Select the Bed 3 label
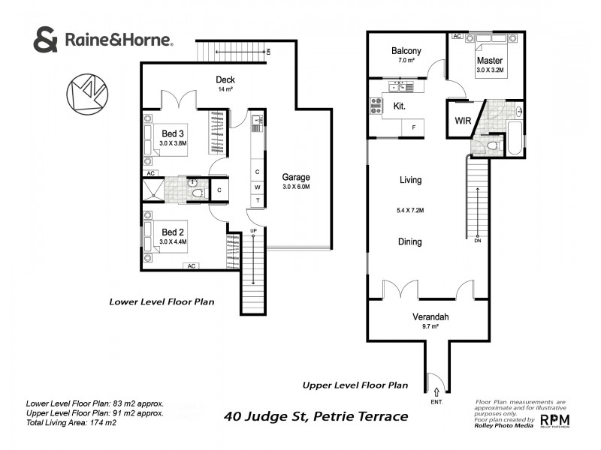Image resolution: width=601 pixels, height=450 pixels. pos(173,133)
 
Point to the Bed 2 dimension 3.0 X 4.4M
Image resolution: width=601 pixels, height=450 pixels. pos(173,242)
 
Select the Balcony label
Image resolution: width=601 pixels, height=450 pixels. pos(406,51)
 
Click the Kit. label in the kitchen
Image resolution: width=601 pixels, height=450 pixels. pos(399,107)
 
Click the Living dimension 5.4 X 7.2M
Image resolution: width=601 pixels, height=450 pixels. pos(409,210)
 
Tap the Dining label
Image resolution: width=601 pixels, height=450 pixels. pos(409,242)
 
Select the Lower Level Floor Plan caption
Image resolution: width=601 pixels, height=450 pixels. pos(162,302)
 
